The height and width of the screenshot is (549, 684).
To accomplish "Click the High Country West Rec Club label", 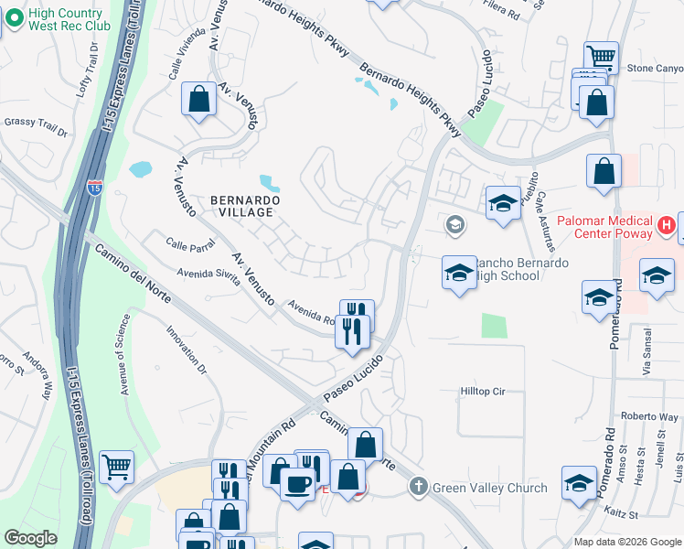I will tap(69, 20).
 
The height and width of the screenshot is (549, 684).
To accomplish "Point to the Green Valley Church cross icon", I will tap(419, 487).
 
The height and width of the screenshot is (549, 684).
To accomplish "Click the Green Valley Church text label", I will tap(490, 488).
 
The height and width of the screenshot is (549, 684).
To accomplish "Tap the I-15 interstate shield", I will tap(95, 187).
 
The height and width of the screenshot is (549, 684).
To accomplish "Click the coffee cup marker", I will tap(296, 484).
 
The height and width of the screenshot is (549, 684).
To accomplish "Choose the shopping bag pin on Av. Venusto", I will tap(198, 100).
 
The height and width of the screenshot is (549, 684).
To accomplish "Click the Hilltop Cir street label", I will tap(481, 391).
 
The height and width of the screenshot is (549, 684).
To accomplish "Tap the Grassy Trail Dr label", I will tap(37, 127).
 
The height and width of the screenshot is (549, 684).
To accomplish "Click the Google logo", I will tap(30, 538).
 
